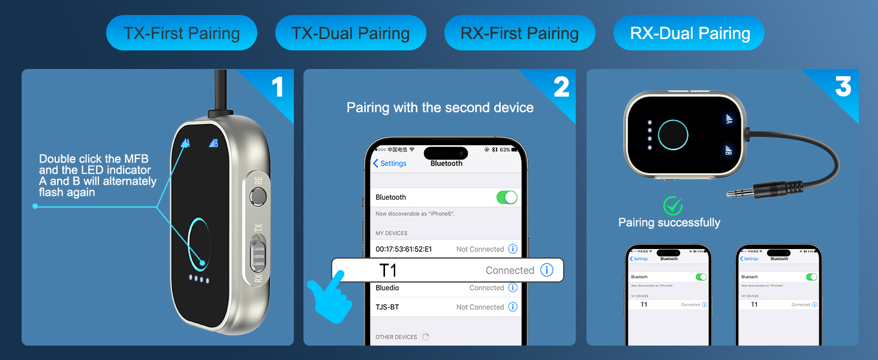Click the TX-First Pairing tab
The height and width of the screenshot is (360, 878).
[181, 33]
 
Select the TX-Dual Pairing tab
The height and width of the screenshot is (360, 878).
[350, 33]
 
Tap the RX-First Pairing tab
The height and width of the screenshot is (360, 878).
[519, 33]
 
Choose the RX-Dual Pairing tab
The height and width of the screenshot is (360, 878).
[690, 33]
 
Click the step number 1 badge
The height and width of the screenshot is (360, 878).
[277, 87]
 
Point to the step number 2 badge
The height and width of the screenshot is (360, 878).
[561, 87]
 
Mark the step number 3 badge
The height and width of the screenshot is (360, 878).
[843, 87]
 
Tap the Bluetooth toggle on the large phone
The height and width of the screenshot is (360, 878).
[507, 197]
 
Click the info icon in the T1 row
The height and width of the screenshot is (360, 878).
[546, 270]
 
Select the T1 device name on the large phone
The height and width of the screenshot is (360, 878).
[389, 271]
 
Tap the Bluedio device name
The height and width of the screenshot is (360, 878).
[387, 288]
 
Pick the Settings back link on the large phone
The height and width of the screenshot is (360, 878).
[390, 163]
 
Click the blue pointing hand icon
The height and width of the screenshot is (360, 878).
[329, 297]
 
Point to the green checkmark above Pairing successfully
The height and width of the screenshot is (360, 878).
[673, 206]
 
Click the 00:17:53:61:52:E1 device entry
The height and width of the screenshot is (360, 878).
[404, 249]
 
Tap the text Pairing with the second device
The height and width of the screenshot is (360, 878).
[440, 108]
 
